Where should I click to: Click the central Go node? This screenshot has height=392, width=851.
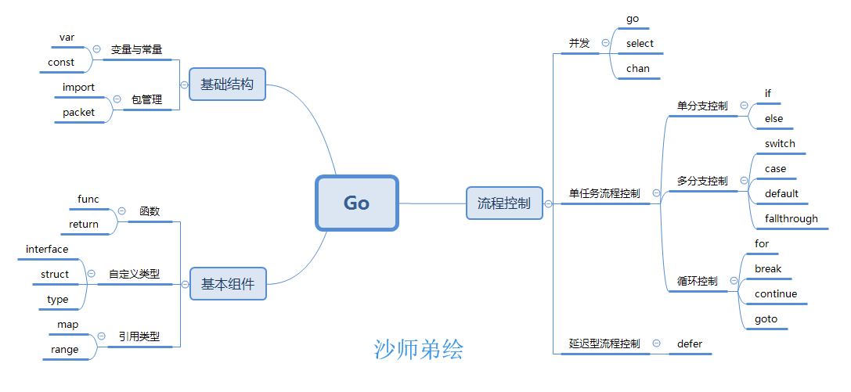click(x=356, y=203)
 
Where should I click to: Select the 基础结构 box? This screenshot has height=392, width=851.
click(x=227, y=84)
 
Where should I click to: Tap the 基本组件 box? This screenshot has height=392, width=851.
click(x=228, y=283)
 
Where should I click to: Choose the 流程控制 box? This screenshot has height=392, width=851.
click(x=504, y=203)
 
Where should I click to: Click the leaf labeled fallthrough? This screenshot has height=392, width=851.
click(x=791, y=218)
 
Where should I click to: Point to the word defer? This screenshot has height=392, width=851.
click(x=689, y=343)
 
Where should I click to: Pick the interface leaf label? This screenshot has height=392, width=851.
click(x=47, y=249)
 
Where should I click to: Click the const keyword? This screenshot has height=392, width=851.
click(x=61, y=63)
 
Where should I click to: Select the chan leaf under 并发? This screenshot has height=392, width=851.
click(x=638, y=68)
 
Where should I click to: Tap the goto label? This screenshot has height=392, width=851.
click(x=766, y=318)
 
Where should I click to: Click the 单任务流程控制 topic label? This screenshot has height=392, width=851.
click(x=604, y=193)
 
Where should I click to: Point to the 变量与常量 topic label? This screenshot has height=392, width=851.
click(x=136, y=49)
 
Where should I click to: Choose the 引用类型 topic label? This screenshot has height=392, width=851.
click(x=139, y=336)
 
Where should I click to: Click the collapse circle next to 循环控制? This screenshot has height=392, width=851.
click(x=734, y=281)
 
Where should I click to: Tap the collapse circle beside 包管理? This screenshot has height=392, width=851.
click(x=117, y=99)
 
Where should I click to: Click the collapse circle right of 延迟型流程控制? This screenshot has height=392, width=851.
click(x=656, y=343)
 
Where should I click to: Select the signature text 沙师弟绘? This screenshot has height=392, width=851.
click(x=418, y=350)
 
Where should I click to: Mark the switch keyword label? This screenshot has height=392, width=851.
click(x=779, y=144)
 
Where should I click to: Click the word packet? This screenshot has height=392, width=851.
click(x=78, y=112)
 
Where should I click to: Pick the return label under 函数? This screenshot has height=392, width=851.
click(x=84, y=224)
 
